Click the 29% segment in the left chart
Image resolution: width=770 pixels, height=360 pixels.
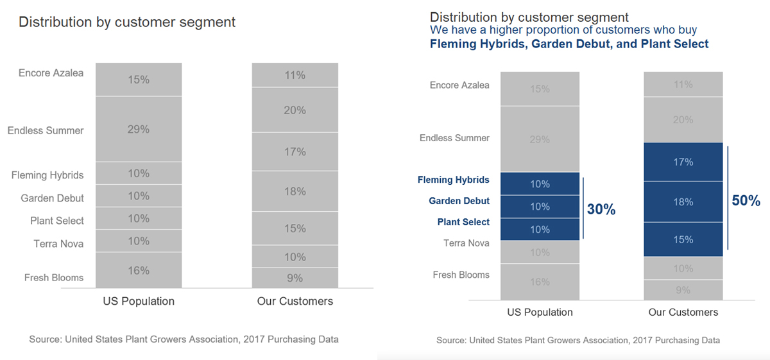tap(139, 129)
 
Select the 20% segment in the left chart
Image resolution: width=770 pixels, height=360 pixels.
tap(295, 110)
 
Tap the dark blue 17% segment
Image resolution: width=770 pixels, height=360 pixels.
tap(683, 162)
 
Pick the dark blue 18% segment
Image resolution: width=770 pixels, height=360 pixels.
tap(683, 202)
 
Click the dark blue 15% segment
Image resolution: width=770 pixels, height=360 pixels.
tap(683, 239)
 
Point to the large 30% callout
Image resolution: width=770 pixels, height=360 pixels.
tap(601, 209)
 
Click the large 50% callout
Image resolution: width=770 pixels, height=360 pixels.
tap(746, 200)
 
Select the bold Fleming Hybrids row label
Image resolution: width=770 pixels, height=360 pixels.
tap(453, 180)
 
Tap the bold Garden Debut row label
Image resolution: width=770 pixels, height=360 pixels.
tap(459, 201)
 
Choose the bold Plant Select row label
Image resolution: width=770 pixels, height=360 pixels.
tap(463, 222)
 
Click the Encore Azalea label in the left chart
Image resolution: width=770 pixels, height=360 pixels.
tap(51, 73)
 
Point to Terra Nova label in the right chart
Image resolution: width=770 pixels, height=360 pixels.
tap(466, 243)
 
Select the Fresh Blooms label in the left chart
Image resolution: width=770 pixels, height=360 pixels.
tap(54, 277)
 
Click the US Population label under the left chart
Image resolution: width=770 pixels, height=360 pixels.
tap(139, 301)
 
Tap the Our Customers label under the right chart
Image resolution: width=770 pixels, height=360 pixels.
tap(683, 313)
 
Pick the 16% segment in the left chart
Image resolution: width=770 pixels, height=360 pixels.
tap(139, 270)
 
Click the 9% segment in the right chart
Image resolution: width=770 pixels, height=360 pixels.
tap(683, 290)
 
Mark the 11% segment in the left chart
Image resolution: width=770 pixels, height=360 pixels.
tap(295, 75)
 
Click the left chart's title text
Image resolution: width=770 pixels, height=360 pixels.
tap(127, 22)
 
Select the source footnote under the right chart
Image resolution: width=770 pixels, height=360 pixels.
tap(578, 340)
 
